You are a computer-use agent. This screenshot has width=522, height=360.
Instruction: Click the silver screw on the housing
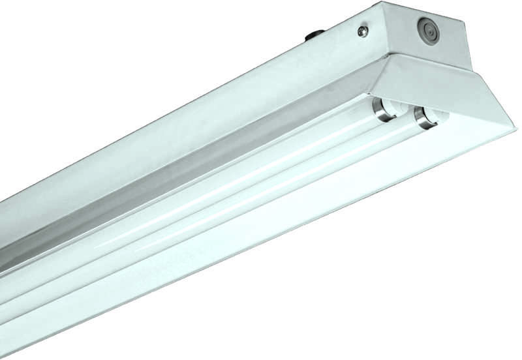(x=363, y=30)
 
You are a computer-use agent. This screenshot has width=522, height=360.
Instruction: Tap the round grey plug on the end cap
(x=427, y=30)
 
